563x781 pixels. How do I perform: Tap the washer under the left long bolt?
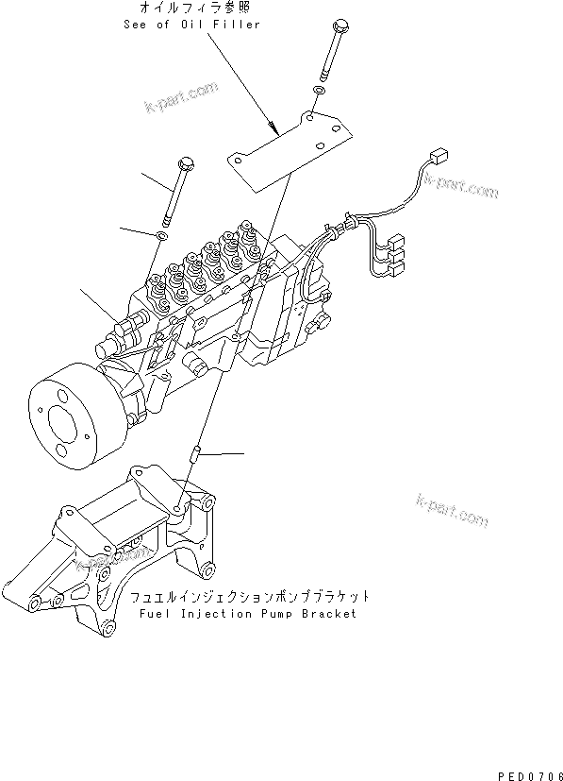pyautogui.click(x=162, y=233)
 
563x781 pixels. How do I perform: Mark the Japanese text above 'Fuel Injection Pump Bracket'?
pyautogui.click(x=249, y=597)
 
